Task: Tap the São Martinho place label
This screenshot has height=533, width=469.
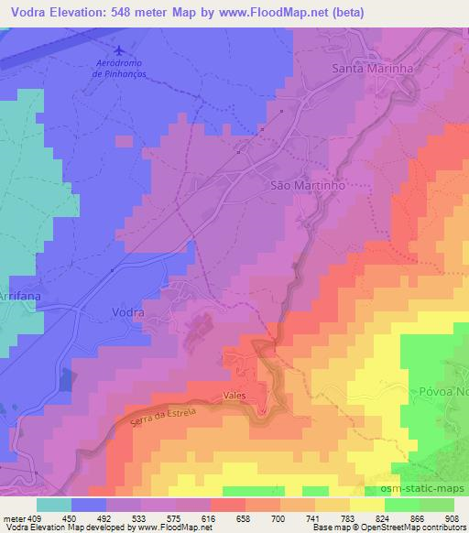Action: [x=307, y=184]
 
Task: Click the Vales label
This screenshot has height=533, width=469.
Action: [x=235, y=396]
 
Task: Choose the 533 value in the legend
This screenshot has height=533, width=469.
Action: [x=140, y=517]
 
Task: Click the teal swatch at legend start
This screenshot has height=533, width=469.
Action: [x=54, y=505]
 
